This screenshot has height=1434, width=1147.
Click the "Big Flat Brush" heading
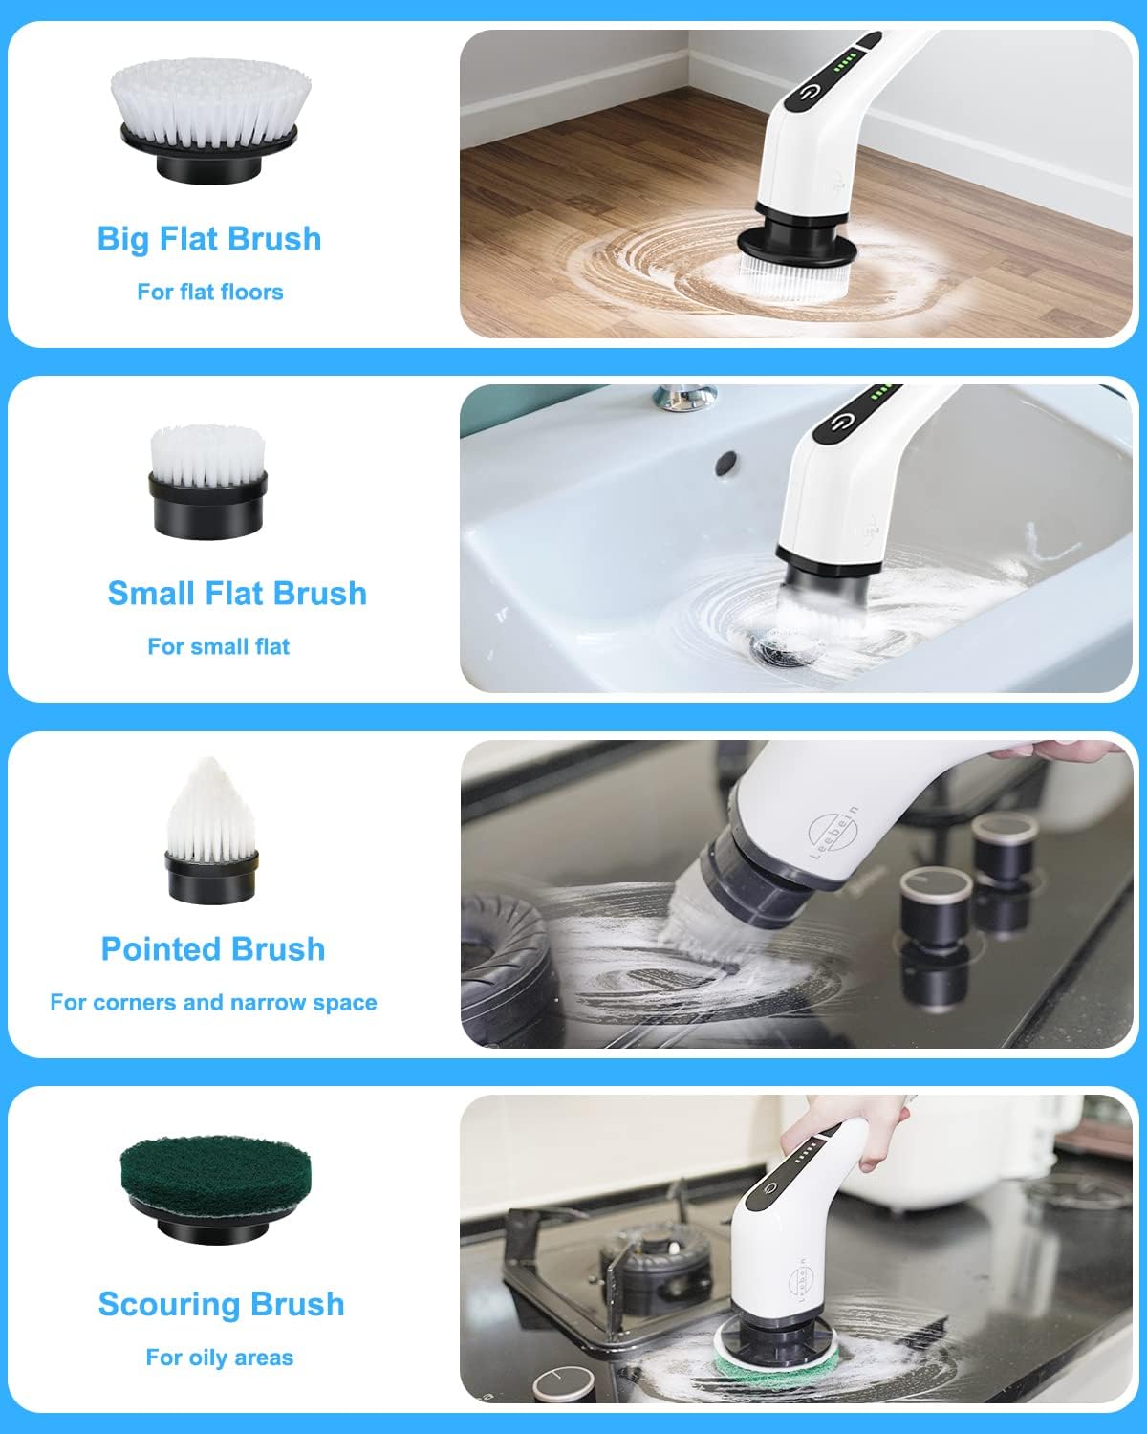[x=209, y=239]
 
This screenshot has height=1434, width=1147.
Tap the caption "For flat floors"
[x=210, y=292]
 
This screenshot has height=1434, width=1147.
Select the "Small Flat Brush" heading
[x=237, y=593]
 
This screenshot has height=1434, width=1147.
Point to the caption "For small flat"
[x=218, y=646]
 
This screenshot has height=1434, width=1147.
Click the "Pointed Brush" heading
[x=213, y=949]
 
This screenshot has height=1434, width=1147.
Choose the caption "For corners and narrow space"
[x=213, y=1002]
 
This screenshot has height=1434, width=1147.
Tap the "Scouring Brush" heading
[x=221, y=1304]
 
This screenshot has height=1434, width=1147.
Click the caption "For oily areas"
[x=219, y=1358]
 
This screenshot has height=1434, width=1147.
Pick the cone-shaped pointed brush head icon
[x=210, y=830]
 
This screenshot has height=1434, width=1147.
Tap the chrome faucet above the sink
[x=684, y=395]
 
